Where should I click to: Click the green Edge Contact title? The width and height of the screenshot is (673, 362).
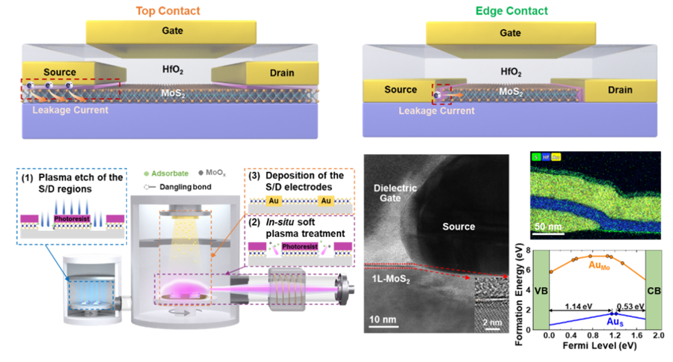tap(511, 11)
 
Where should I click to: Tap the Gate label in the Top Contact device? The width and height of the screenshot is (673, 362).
tap(170, 31)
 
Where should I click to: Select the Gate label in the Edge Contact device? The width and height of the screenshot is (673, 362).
tap(510, 33)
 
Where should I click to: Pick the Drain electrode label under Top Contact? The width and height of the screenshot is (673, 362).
tap(281, 73)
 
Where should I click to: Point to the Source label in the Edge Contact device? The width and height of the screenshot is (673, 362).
tap(400, 90)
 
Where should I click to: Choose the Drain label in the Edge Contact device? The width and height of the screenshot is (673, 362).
tap(620, 90)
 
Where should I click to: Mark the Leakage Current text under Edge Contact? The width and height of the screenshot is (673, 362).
tap(437, 111)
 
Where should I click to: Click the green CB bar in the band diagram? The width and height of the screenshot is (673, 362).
tap(653, 289)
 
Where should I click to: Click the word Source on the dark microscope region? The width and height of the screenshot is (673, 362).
tap(458, 226)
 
